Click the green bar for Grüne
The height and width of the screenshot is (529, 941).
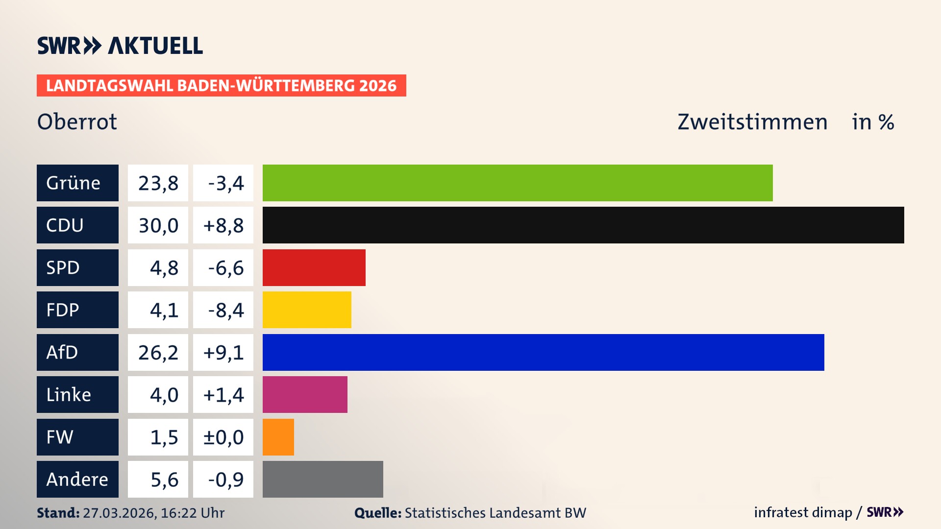[518, 183]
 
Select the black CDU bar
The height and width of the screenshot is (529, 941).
[583, 225]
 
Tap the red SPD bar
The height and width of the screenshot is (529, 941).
[314, 267]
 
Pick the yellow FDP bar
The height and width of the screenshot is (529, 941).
[307, 310]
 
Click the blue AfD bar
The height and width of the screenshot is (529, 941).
[543, 352]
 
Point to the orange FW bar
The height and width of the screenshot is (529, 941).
[278, 437]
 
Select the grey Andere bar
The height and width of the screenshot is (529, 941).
[322, 479]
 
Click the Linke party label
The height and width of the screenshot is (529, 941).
[77, 394]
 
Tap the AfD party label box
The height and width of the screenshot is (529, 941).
[77, 352]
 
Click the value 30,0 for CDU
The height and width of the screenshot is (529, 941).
[158, 225]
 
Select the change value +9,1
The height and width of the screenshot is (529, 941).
[223, 352]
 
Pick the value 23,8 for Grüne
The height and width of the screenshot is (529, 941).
[158, 183]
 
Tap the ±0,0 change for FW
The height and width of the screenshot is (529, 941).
[223, 437]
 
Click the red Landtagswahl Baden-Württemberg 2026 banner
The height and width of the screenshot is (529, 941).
[221, 85]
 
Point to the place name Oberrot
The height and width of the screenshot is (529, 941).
[77, 121]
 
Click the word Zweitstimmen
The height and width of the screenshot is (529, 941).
[752, 122]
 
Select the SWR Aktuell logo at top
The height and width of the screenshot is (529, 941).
[120, 46]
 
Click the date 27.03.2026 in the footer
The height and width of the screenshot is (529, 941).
[119, 513]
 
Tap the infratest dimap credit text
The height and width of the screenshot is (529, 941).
[802, 512]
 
